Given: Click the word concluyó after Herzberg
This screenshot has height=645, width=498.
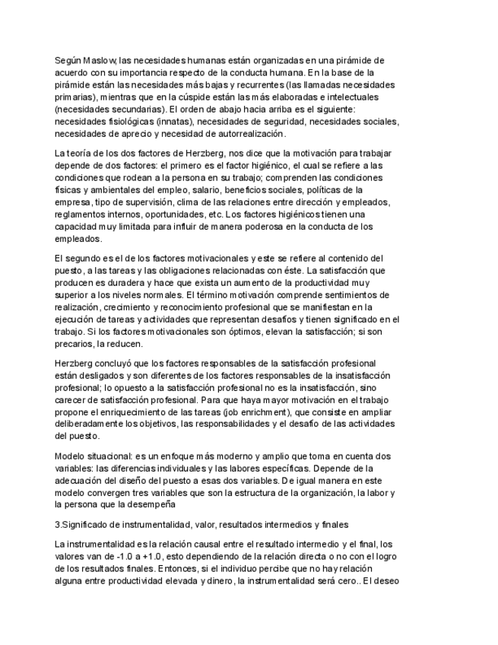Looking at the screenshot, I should [x=118, y=364].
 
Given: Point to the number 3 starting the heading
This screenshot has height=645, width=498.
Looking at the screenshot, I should [x=58, y=524].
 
